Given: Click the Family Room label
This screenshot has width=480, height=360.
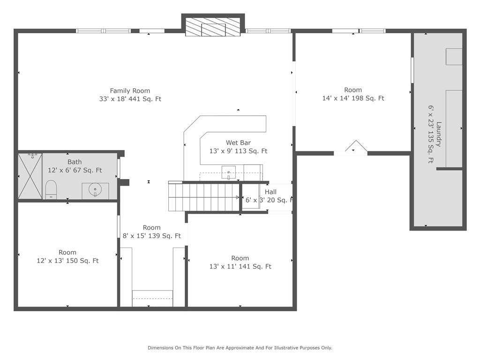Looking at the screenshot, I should [130, 90].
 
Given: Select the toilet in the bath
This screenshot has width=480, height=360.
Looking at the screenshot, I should [51, 190].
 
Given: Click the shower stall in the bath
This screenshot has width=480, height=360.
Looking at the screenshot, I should [30, 176].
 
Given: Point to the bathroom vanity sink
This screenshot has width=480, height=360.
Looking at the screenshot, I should [96, 191].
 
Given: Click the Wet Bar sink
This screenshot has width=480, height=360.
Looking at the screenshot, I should [229, 172].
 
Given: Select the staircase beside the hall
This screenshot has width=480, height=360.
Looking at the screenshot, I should [204, 197].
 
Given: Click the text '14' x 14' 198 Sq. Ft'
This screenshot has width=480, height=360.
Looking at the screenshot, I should [353, 98].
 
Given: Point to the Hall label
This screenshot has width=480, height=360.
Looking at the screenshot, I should [270, 192].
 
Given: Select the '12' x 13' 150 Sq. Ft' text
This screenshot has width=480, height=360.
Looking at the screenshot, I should [67, 261].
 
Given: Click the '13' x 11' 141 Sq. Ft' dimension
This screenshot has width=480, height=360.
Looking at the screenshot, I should [240, 266].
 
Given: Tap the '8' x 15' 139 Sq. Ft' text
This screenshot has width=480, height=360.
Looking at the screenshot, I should [151, 236].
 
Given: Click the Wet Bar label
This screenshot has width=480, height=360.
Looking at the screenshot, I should [238, 142].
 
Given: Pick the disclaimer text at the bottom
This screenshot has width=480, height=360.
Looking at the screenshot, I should [240, 348].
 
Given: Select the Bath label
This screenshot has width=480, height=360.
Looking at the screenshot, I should [75, 162].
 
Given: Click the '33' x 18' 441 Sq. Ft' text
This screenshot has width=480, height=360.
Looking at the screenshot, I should [130, 99].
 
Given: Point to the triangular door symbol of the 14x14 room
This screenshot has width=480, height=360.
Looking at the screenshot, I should [356, 146].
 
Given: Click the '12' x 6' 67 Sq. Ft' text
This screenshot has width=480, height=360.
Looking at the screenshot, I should [75, 170].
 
